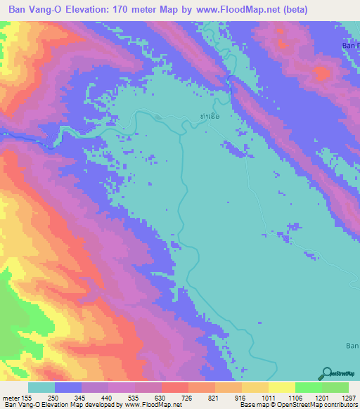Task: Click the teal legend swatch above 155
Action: tap(41, 387)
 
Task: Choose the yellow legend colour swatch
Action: tap(282, 387)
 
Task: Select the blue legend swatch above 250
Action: tap(68, 387)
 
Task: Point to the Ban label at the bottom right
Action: tap(352, 345)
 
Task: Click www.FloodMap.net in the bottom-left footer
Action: tap(151, 405)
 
